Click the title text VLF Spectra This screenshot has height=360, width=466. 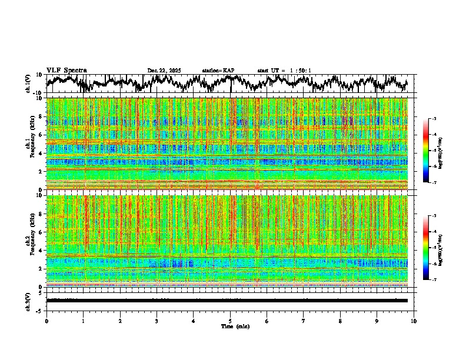coord(66,70)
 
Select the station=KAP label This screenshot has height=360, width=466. coord(218,71)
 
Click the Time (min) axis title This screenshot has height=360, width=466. coord(235,326)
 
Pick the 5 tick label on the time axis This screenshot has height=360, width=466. coord(230,321)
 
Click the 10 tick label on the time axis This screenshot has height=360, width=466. coord(414,321)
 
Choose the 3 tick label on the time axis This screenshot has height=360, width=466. coord(157,321)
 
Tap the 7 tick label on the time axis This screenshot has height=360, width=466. coord(304,321)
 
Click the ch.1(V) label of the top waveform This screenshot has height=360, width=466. coord(28,84)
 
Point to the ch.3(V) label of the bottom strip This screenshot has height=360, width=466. coord(28,300)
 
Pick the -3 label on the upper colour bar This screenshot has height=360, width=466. coord(434,119)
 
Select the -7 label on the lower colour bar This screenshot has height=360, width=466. coord(434,280)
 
